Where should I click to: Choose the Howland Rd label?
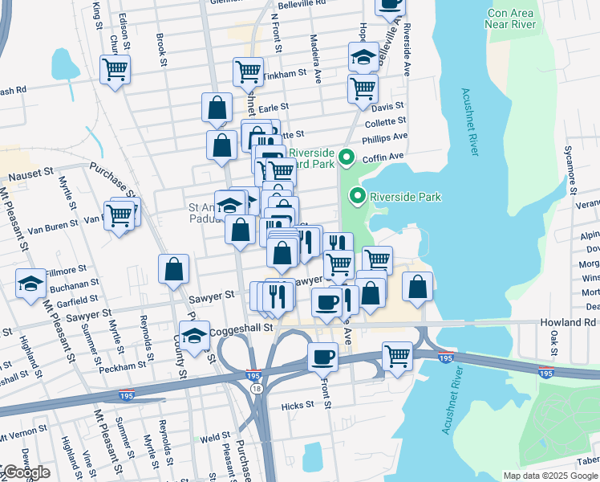click(568, 322)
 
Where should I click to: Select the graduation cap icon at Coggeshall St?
click(194, 337)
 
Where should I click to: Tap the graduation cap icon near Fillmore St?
click(31, 283)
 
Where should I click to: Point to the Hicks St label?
click(298, 406)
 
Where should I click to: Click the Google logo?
click(26, 472)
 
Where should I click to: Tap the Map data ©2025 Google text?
click(549, 476)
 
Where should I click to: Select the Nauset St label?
click(30, 174)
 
